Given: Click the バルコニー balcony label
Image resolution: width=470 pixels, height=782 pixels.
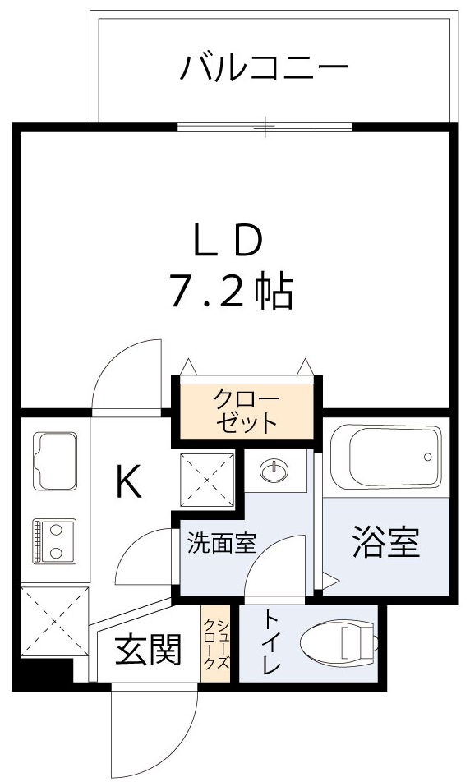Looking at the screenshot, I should coord(264,67).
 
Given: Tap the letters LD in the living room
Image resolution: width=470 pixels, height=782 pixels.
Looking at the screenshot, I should coord(228,240).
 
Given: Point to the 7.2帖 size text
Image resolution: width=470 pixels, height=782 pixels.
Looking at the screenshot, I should coord(231,290).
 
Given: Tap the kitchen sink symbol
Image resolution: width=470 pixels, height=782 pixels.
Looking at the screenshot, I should coord(54,462).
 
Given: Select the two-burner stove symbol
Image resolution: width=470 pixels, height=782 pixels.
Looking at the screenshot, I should coord(54,540).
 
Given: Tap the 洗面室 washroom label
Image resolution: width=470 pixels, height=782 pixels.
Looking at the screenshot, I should coord(221,543).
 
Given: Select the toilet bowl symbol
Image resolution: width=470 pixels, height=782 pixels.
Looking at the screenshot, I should coord(339,644).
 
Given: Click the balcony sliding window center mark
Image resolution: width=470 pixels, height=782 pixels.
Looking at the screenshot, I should coord(265,126).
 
